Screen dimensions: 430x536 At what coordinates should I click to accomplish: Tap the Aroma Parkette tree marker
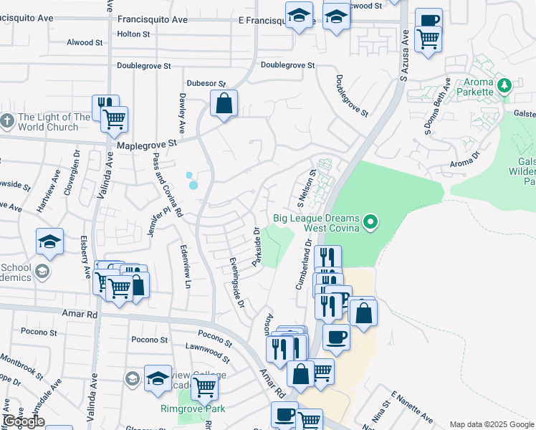(x=504, y=86)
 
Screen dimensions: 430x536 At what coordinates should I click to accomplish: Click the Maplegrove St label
(x=147, y=144)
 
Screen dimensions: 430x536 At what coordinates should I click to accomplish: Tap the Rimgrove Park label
(x=192, y=409)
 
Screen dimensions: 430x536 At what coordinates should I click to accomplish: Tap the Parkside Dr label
(x=255, y=247)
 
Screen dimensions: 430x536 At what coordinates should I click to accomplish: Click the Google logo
(x=24, y=421)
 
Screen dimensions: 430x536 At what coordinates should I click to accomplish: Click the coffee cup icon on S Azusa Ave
(x=429, y=21)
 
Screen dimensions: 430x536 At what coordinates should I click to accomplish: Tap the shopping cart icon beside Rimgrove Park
(x=205, y=387)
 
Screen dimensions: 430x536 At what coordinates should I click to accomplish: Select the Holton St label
(x=133, y=34)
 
